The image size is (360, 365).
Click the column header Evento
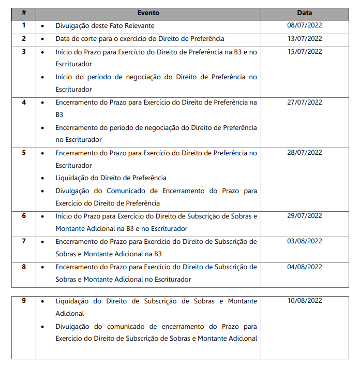click(148, 13)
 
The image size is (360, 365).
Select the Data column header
click(305, 13)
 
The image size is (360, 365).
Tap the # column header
click(24, 13)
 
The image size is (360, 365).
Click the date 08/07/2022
click(305, 25)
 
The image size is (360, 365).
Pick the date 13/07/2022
click(305, 38)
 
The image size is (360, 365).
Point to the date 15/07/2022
click(305, 51)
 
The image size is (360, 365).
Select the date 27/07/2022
click(305, 102)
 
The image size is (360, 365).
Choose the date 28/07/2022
click(305, 153)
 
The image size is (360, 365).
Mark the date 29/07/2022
click(305, 216)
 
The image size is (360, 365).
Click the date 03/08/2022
click(305, 241)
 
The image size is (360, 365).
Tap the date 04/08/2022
click(305, 267)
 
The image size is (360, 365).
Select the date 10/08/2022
click(305, 301)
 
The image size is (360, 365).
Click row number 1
click(24, 25)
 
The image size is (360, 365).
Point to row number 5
click(24, 153)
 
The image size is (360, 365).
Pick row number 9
click(24, 301)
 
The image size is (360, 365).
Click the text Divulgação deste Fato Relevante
click(105, 26)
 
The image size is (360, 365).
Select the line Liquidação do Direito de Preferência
click(111, 178)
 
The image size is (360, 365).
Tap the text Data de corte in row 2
click(76, 39)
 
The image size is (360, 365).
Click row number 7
click(24, 241)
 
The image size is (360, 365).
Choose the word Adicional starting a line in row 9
click(70, 314)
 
